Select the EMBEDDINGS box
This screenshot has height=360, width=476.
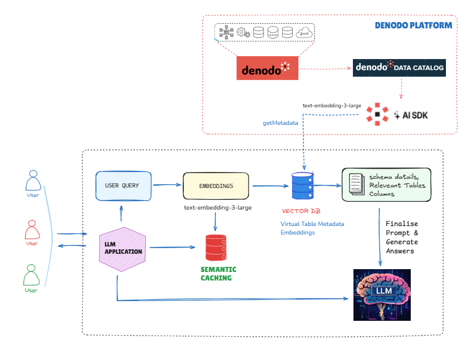216,186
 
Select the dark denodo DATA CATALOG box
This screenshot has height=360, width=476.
399,68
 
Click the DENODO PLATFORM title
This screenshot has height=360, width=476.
413,26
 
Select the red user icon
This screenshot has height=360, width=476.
32,229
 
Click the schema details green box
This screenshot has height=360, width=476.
386,185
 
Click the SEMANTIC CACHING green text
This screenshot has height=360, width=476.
218,274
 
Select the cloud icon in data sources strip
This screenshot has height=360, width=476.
304,33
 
